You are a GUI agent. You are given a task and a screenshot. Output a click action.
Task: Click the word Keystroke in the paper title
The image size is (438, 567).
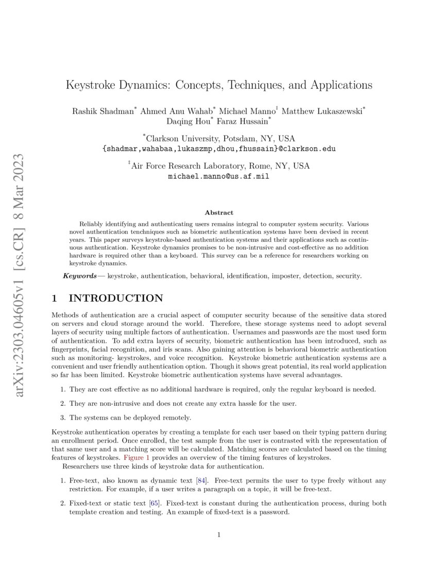coord(92,85)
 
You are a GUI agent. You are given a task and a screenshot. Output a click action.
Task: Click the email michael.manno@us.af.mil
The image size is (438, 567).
coord(219,176)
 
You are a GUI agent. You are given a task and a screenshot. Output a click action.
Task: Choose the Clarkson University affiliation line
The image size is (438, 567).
coord(219,138)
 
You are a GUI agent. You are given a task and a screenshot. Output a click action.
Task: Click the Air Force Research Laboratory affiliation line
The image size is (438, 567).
coord(219,166)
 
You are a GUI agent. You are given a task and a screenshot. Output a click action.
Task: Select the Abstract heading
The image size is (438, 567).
coord(219,212)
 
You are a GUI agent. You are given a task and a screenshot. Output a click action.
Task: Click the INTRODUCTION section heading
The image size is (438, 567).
coord(116,298)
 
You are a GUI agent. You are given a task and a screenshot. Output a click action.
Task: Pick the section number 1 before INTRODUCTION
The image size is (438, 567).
coord(56,298)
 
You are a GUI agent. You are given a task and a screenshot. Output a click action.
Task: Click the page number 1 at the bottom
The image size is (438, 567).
coord(219,535)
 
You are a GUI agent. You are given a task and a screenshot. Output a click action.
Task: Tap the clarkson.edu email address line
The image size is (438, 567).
coord(219,148)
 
